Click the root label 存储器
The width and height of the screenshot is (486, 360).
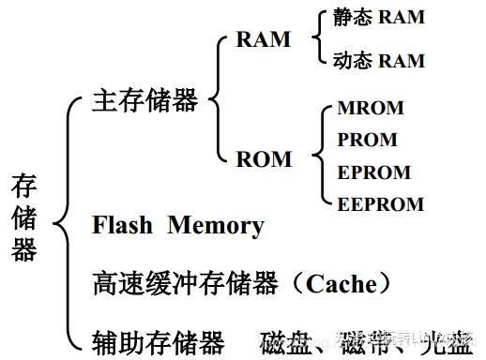(24, 217)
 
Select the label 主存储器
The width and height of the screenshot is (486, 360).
(145, 100)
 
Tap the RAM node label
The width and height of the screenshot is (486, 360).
(263, 40)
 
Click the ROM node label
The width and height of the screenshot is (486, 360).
(264, 158)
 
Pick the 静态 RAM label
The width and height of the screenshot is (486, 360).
(378, 19)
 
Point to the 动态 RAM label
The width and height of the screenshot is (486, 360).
(378, 61)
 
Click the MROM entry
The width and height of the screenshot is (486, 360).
(370, 109)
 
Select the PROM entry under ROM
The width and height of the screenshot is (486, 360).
(367, 141)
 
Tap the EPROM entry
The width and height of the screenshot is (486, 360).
(373, 172)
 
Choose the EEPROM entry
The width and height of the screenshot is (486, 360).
(380, 203)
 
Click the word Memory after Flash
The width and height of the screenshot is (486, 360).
(216, 226)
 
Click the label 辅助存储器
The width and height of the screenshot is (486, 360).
(159, 339)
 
